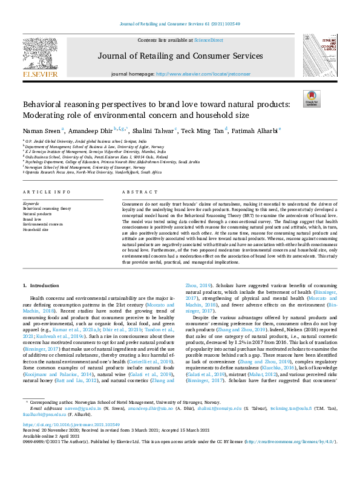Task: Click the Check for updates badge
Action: pos(312,98)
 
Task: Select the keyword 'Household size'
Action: pos(37,230)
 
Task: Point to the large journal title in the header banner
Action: pos(180,56)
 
